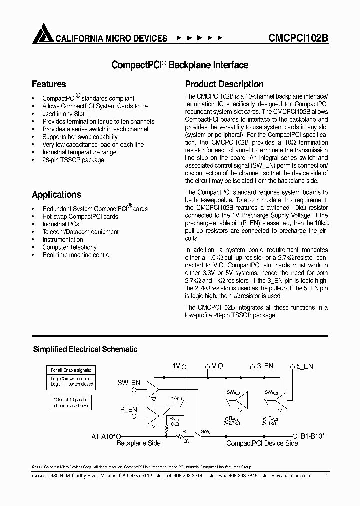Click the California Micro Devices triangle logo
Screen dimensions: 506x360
point(42,35)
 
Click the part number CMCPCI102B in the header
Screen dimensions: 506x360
point(298,38)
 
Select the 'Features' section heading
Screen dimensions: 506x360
point(49,84)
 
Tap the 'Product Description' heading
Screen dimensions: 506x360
point(224,84)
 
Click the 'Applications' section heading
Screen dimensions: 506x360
point(56,195)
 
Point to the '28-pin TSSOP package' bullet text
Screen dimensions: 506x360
point(73,160)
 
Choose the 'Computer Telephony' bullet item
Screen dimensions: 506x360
point(69,247)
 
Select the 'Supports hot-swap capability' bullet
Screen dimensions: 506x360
point(80,137)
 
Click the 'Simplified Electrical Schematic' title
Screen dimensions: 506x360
point(85,350)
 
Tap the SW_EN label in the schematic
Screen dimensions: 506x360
point(128,383)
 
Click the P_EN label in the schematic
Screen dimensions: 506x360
point(128,409)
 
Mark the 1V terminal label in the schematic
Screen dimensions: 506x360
point(176,366)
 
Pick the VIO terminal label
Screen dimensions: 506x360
point(217,366)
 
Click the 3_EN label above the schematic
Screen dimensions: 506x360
point(265,366)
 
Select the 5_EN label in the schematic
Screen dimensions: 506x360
point(305,366)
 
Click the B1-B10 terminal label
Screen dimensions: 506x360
point(312,436)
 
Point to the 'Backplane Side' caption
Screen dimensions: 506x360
point(138,443)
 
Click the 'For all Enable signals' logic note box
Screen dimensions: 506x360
point(71,378)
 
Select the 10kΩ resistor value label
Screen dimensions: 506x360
point(174,423)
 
